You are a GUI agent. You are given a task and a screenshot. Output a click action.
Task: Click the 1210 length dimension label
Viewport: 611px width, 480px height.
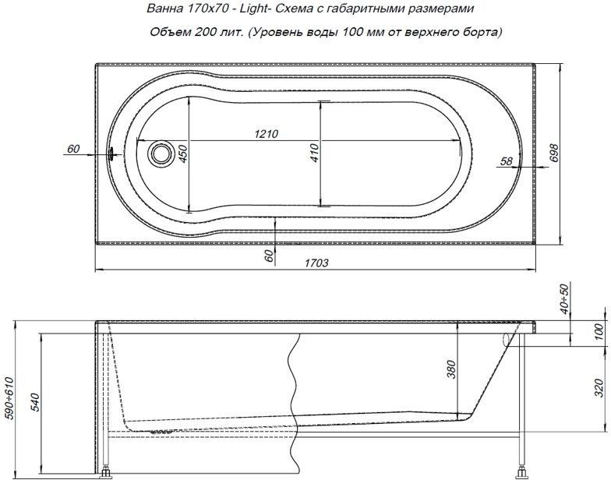(267, 134)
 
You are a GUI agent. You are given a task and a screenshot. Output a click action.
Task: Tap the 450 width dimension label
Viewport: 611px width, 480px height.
(182, 154)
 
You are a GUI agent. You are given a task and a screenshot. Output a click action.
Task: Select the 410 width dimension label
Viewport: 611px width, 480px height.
(315, 153)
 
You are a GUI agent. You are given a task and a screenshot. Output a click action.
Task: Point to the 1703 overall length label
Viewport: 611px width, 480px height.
(316, 263)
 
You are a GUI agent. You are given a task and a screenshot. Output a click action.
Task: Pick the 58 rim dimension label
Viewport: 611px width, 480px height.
(506, 161)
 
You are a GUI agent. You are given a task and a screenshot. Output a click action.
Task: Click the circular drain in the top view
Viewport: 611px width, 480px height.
(161, 154)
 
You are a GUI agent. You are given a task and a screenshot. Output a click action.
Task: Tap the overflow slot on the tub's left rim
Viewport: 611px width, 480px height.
(111, 154)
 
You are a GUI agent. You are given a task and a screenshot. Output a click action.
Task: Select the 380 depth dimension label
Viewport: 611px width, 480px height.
(450, 369)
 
